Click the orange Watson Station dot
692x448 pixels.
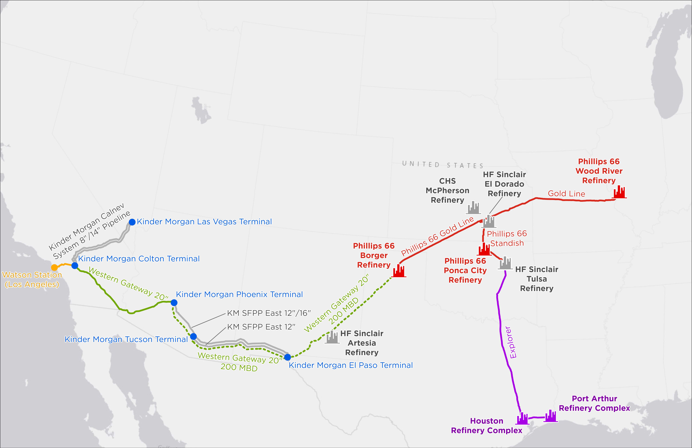click(54, 267)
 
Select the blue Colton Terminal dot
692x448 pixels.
click(75, 265)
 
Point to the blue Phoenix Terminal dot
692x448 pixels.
click(174, 303)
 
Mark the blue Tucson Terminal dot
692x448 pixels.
click(193, 337)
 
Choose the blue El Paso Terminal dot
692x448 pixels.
click(287, 357)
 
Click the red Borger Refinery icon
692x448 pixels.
click(399, 271)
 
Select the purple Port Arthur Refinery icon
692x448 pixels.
click(550, 416)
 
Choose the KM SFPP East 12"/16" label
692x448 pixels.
click(269, 313)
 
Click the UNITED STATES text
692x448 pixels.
click(442, 165)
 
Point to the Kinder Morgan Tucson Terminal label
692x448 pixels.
click(126, 339)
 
